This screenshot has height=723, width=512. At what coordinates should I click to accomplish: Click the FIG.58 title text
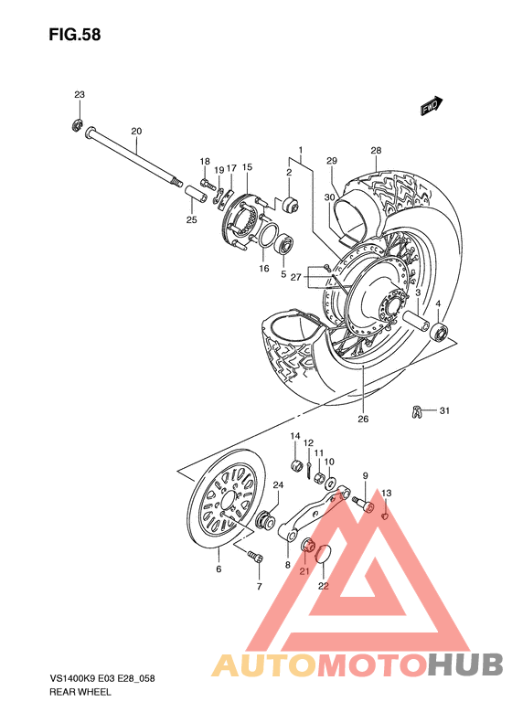click(74, 36)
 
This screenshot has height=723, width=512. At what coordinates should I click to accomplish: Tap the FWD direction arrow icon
click(432, 107)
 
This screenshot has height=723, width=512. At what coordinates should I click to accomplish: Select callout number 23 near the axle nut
click(80, 95)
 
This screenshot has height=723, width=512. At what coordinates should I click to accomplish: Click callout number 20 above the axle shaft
click(136, 132)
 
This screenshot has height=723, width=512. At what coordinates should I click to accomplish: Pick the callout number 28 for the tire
click(376, 151)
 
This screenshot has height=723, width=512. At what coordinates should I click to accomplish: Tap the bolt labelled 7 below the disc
click(252, 555)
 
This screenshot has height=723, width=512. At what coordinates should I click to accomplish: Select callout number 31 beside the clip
click(445, 410)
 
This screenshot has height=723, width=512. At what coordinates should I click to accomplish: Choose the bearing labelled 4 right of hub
click(441, 331)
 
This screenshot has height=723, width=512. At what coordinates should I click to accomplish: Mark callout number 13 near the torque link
click(387, 494)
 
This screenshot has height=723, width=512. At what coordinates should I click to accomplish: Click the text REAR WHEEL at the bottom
click(80, 693)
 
